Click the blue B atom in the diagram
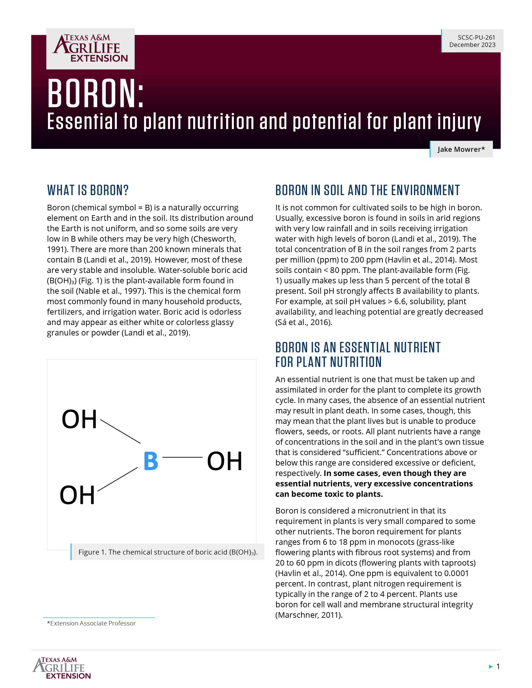click(151, 461)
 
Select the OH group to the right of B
click(224, 461)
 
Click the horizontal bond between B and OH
click(182, 457)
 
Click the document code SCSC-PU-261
click(476, 37)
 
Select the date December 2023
click(472, 45)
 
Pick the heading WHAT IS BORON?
click(88, 190)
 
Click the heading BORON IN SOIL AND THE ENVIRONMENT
click(367, 190)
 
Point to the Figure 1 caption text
click(168, 552)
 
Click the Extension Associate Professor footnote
click(91, 623)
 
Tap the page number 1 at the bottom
click(498, 666)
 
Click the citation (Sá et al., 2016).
click(304, 322)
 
